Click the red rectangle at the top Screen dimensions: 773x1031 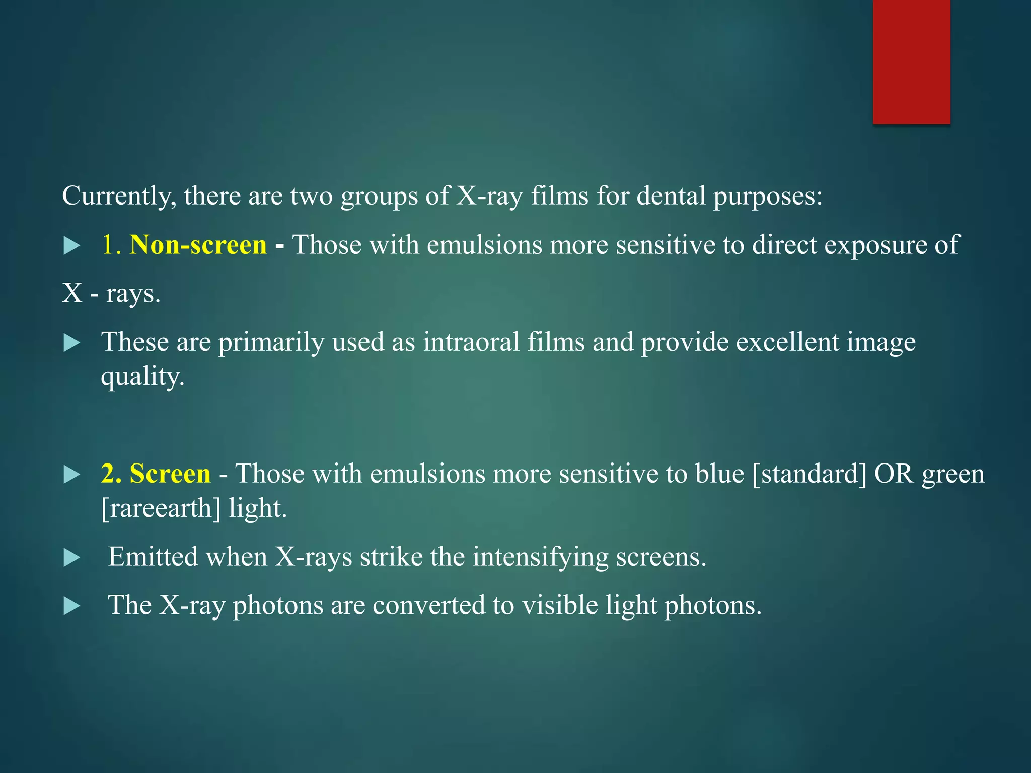coord(911,61)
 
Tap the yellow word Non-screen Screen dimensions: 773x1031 coord(198,245)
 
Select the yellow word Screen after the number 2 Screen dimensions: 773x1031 coord(170,474)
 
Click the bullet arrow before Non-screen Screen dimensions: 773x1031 coord(72,246)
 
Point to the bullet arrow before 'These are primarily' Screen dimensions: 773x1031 coord(72,344)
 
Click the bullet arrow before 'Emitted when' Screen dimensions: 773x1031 coord(72,558)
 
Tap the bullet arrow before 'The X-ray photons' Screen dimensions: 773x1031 coord(72,606)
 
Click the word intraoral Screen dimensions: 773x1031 coord(471,343)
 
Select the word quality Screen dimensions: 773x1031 coord(142,377)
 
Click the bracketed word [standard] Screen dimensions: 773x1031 coord(809,474)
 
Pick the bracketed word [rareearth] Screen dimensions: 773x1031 coord(161,508)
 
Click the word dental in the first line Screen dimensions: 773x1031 coord(671,196)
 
